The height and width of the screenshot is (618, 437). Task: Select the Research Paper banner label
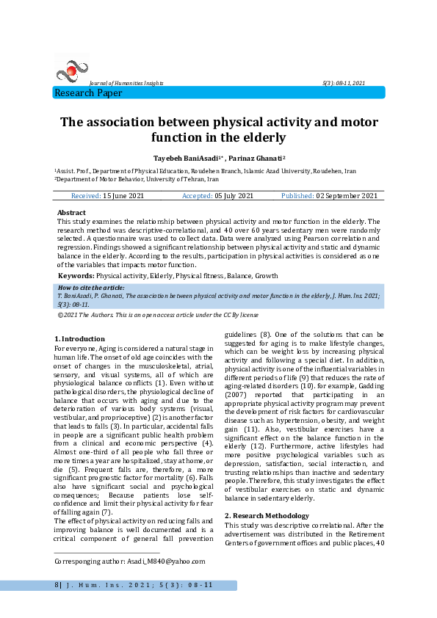[x=88, y=93]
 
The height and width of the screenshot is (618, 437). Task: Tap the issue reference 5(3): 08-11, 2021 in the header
[x=343, y=84]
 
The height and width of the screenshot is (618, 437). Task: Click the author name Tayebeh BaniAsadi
[x=184, y=158]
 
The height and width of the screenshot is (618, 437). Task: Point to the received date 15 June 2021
[x=124, y=196]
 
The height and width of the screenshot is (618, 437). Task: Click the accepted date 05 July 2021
[x=234, y=196]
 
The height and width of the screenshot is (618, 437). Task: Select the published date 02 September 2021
[x=347, y=196]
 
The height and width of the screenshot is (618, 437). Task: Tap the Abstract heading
[x=71, y=212]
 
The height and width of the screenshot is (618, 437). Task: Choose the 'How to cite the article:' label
[x=91, y=288]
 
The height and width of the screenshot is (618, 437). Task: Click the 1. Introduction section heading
[x=80, y=338]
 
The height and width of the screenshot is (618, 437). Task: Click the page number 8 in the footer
[x=57, y=585]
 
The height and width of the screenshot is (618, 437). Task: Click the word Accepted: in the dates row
[x=197, y=196]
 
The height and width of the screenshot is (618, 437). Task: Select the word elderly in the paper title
[x=257, y=137]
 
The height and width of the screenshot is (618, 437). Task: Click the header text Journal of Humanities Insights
[x=126, y=84]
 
